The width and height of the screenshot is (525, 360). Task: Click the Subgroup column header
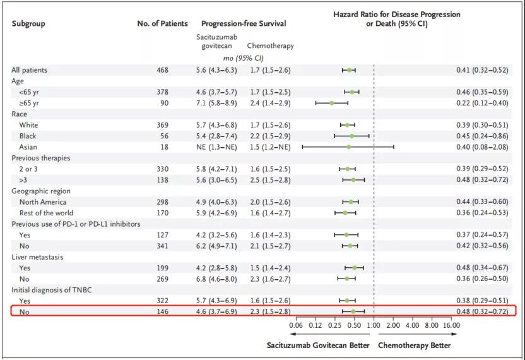[28, 24]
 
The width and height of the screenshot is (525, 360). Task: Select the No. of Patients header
[162, 24]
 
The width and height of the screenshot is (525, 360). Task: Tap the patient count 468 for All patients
[162, 70]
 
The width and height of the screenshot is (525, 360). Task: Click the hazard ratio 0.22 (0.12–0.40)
[482, 103]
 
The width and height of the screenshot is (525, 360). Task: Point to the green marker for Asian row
[348, 147]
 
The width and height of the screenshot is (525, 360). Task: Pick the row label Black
[28, 136]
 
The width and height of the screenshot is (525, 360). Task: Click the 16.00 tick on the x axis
[451, 326]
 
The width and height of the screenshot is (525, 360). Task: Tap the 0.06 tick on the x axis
[295, 326]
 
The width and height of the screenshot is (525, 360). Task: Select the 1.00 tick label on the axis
[374, 326]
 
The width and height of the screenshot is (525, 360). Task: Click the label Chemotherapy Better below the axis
[415, 345]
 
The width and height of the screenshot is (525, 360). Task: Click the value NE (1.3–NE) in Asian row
[218, 147]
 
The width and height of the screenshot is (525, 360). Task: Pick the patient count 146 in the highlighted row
[162, 311]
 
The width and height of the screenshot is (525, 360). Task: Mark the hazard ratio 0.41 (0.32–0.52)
[482, 70]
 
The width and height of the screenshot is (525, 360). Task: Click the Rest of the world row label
[47, 213]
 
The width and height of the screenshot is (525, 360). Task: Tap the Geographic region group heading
[41, 191]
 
